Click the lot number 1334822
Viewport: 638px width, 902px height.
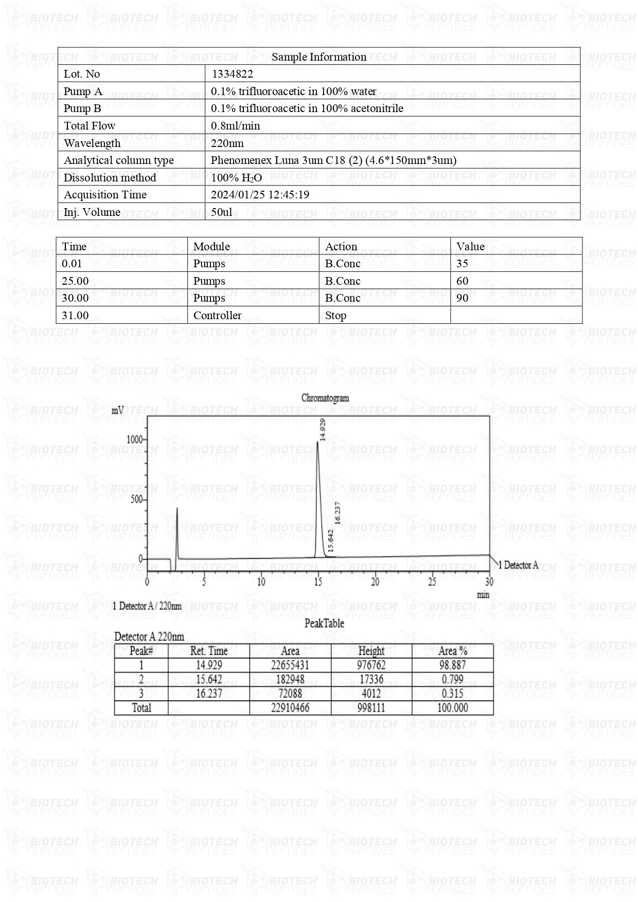[x=232, y=74]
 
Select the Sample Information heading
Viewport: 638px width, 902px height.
[x=319, y=57]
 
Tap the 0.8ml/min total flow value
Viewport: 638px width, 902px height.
[x=236, y=126]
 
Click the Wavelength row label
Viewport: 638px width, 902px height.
[x=92, y=143]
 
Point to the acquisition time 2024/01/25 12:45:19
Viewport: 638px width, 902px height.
[x=260, y=195]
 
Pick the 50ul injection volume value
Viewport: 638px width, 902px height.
[x=222, y=212]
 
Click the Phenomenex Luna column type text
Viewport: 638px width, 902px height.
[x=333, y=160]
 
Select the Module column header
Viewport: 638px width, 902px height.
[x=211, y=246]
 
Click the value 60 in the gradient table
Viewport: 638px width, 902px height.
[x=462, y=281]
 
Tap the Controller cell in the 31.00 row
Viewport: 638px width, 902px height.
[x=217, y=316]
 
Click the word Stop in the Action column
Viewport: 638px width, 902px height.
[x=335, y=316]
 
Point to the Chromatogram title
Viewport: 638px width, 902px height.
[x=325, y=398]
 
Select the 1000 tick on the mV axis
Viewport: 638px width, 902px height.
[x=134, y=439]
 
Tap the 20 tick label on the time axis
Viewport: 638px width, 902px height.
[x=375, y=582]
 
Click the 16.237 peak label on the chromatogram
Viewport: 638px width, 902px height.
[x=338, y=512]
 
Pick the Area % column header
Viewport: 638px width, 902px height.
[x=452, y=651]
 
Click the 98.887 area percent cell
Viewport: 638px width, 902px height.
[x=452, y=665]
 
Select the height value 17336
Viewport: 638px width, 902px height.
[x=371, y=679]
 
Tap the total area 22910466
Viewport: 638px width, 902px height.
[x=290, y=708]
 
